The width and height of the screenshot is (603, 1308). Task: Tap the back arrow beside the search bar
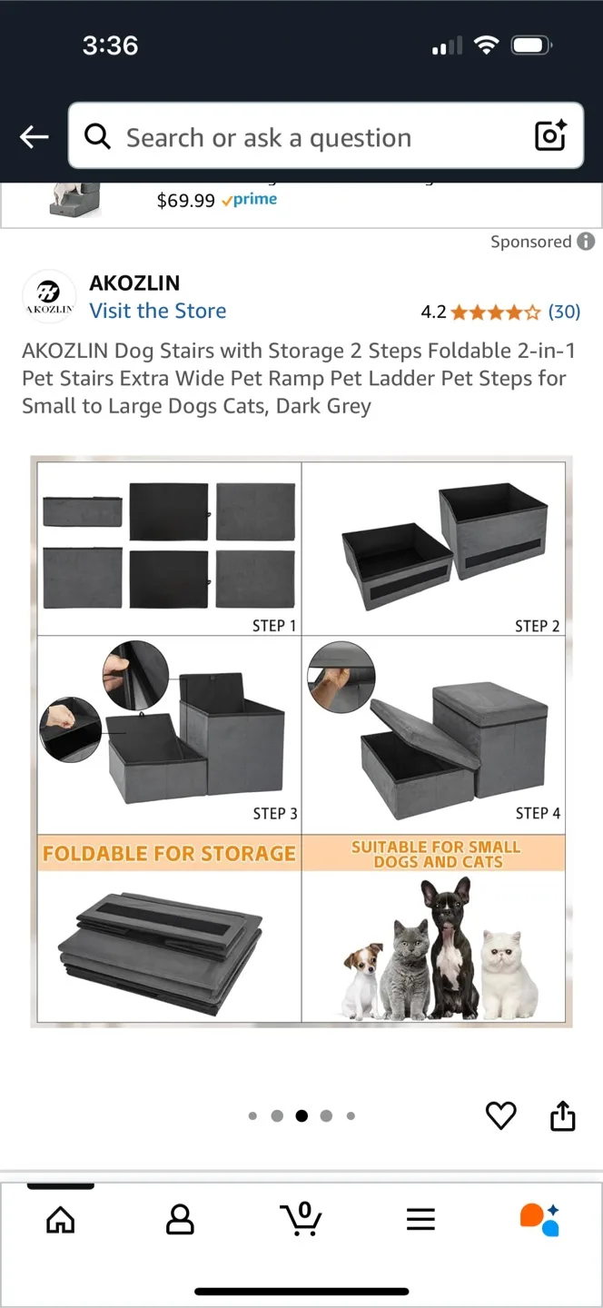coord(34,137)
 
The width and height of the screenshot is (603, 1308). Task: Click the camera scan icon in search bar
coord(550,136)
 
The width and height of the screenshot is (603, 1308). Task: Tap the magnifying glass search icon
coord(97,136)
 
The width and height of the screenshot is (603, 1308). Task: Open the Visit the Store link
coord(157,311)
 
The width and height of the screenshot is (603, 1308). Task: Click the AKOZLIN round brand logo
coord(49,296)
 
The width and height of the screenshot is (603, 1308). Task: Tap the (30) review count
coord(564,312)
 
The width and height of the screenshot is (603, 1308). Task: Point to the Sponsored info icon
coord(587,242)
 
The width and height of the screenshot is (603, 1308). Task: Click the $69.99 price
coord(185,201)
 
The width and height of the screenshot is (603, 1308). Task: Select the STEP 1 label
coord(274,625)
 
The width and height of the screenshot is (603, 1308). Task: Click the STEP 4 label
coord(538,813)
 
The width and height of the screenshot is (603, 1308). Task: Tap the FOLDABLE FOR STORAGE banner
coord(169,854)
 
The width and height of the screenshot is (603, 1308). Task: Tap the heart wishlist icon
coord(500,1115)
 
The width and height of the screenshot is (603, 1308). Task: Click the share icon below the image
coord(563,1115)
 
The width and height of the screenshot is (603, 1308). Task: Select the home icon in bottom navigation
coord(61,1220)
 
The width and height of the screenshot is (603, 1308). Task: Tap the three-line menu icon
coord(420,1219)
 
